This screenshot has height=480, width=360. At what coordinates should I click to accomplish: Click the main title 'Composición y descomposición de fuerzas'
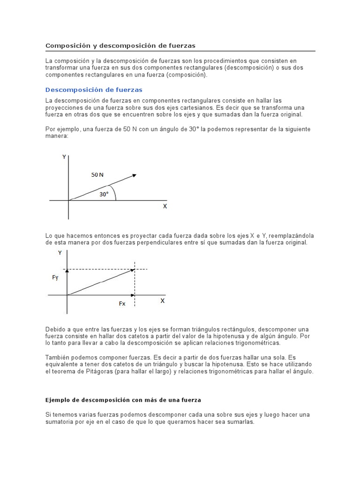[120, 45]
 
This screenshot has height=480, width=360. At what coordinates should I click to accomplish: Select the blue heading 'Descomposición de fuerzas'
[94, 90]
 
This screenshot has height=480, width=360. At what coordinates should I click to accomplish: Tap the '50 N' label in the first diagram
[97, 175]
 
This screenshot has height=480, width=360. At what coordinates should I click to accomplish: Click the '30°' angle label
[104, 194]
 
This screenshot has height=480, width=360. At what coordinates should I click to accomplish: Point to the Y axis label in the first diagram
[64, 157]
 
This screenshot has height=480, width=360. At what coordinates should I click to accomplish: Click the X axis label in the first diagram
[165, 206]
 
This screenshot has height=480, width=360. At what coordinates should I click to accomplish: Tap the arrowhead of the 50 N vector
[134, 175]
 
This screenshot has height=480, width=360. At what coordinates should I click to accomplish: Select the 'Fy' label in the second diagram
[55, 277]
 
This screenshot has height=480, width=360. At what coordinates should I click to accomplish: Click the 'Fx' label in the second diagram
[122, 304]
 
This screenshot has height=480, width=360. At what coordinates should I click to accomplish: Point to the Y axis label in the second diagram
[60, 253]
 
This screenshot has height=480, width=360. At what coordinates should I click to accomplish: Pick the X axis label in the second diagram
[163, 301]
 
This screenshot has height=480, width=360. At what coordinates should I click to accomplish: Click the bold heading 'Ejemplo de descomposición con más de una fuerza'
[123, 400]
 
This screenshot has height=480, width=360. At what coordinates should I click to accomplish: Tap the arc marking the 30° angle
[115, 192]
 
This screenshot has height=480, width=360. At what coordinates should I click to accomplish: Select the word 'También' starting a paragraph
[57, 357]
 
